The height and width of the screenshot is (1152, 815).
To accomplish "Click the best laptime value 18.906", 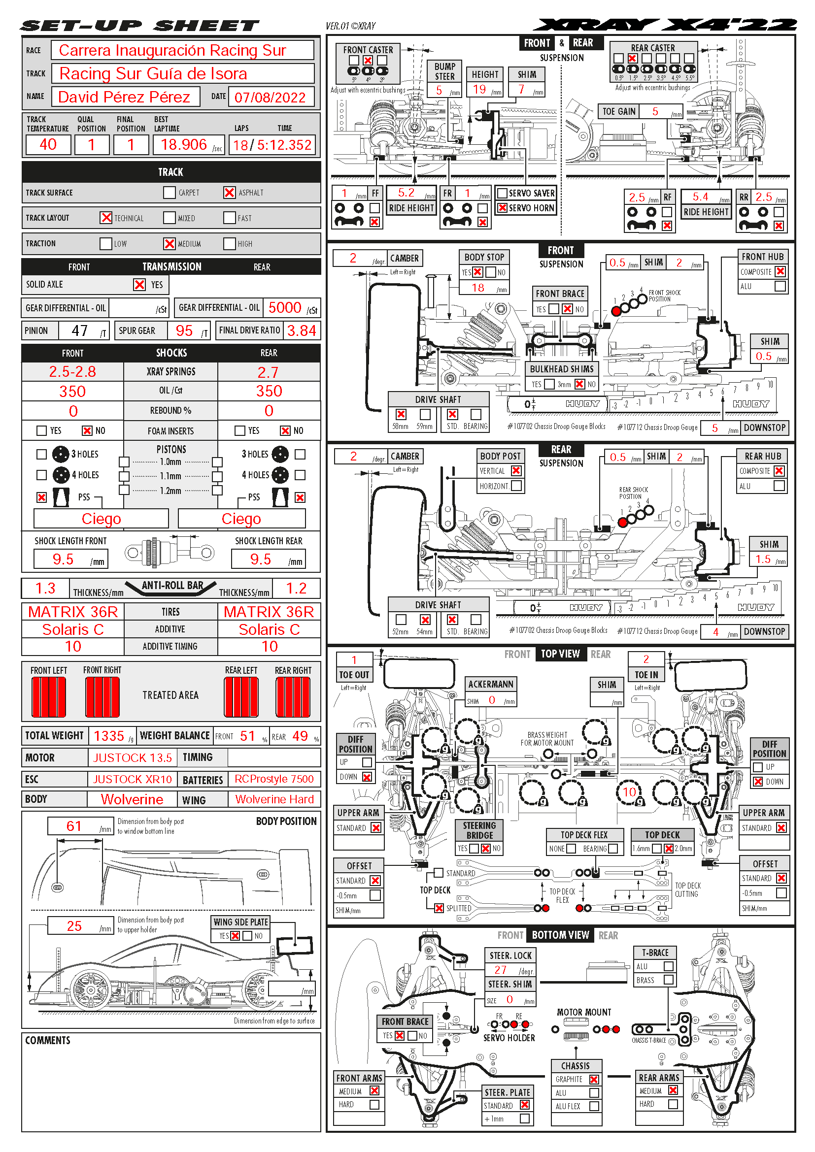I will coord(184,145).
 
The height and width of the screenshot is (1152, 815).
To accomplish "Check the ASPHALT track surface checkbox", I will coord(229,193).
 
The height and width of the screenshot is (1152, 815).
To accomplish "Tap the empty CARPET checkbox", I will coord(170,193).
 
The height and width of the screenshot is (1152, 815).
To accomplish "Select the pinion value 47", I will coord(80,330).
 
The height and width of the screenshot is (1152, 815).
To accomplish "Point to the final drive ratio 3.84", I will coord(301,330).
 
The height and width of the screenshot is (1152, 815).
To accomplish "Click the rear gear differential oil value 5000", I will coord(284,307).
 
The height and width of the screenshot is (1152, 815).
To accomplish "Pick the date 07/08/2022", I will coord(270,98).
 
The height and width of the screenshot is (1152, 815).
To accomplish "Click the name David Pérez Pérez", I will coord(124,97).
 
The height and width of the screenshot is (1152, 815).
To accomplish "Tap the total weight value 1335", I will coord(108,736).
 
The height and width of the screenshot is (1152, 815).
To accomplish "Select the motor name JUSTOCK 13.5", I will coord(133,757).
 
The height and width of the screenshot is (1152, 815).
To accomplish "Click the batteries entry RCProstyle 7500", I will coord(274,779).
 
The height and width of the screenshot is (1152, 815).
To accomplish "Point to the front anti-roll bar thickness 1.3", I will coord(45,589).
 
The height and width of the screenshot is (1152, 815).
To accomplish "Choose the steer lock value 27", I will coord(500,970).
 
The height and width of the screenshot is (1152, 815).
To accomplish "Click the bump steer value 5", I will coord(439,90).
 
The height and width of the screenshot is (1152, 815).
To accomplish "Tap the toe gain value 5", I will coord(655,111).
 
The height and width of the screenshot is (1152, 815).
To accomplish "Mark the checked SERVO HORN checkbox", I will coord(502,208).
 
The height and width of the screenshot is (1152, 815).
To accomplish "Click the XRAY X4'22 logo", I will coord(665,25).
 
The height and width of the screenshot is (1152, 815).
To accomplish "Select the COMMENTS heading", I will coord(48,1041).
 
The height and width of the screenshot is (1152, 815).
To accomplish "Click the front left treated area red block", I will coord(49,697).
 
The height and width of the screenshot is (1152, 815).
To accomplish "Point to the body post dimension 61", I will coord(74,826).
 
